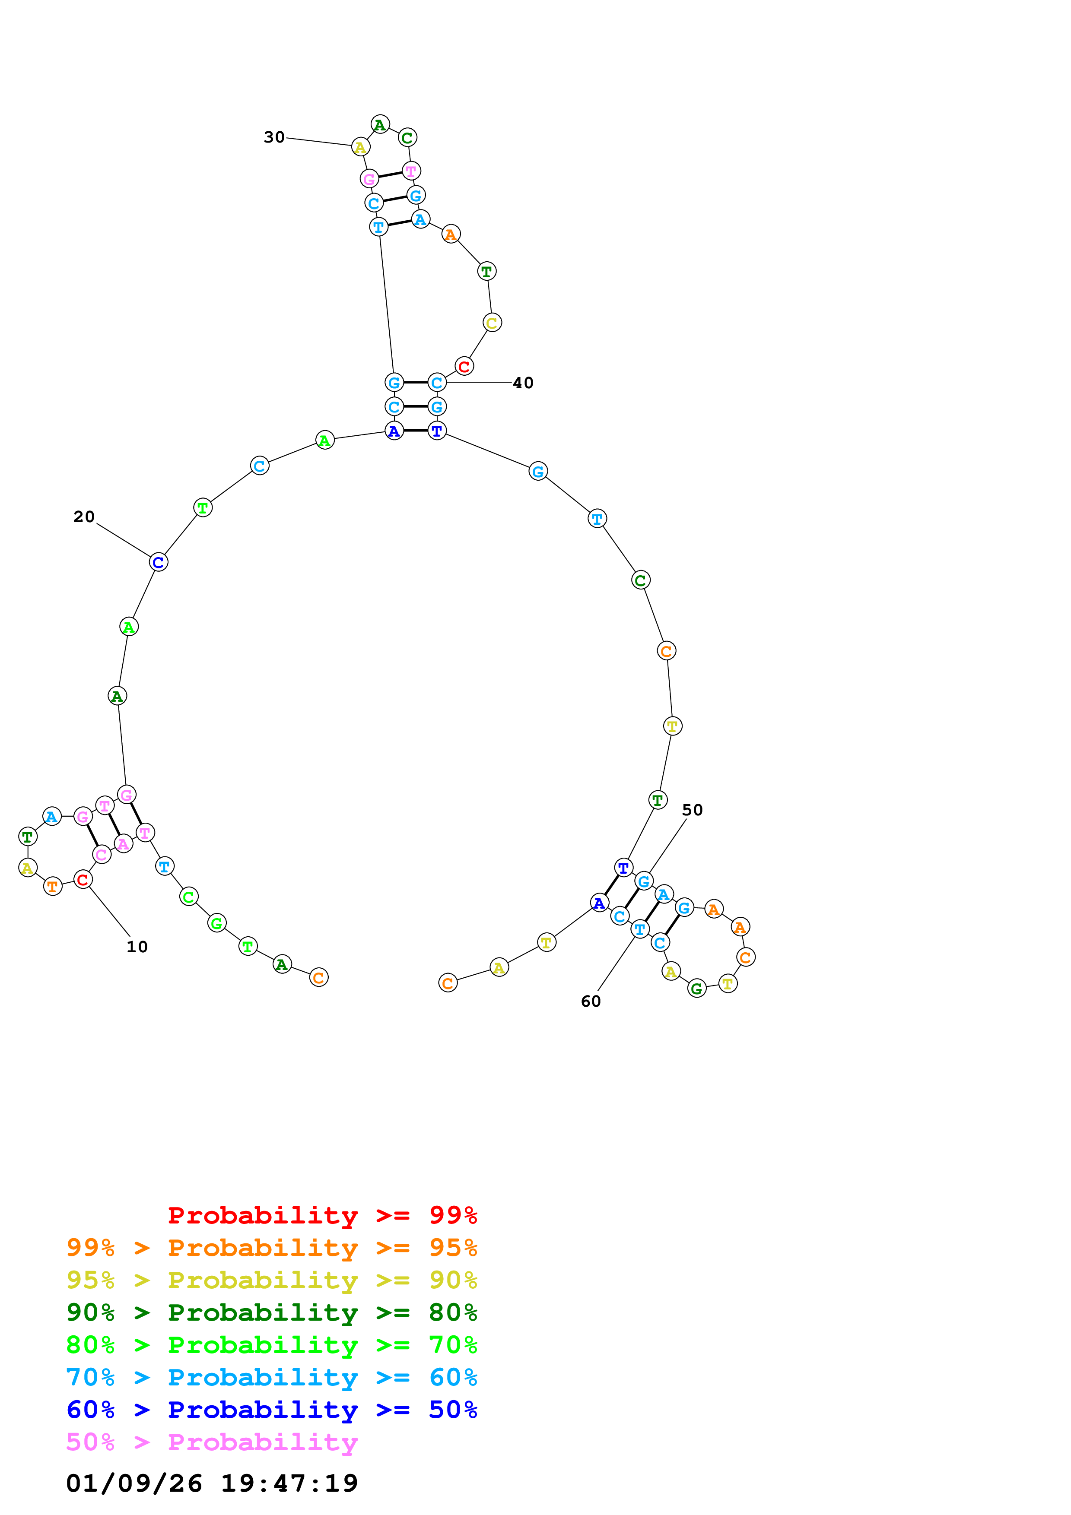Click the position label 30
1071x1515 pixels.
point(274,137)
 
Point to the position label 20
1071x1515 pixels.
point(84,517)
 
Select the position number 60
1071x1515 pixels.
point(591,1002)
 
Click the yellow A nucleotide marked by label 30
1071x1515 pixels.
point(360,147)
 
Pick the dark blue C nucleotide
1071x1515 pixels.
point(159,562)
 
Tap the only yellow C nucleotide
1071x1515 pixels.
point(492,323)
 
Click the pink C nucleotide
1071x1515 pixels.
point(101,855)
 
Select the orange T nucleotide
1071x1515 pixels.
point(53,886)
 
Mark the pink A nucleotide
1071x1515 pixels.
point(124,844)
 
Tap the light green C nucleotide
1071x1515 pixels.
point(189,897)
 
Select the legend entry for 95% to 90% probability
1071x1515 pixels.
point(271,1280)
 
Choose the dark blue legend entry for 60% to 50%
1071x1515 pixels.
point(271,1410)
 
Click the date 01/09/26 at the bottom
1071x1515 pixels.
point(134,1484)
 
